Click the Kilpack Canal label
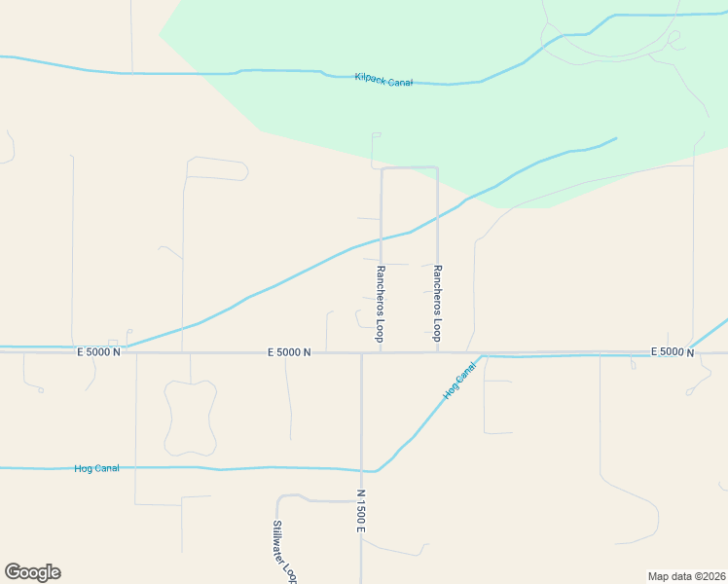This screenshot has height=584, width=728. point(383,80)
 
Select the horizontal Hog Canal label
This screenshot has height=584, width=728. point(96,468)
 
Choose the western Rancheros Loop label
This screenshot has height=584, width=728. point(381,303)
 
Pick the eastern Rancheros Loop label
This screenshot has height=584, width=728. point(437,303)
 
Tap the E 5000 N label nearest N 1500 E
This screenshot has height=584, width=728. point(288,352)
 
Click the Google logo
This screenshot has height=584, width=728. point(32,572)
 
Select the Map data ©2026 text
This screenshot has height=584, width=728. point(686,576)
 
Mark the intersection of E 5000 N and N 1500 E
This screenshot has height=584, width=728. point(361,352)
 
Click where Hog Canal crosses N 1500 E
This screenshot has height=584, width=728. point(361,470)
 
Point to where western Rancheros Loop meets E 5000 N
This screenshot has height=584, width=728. point(381,352)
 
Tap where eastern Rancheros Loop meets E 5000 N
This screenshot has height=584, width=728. point(437,352)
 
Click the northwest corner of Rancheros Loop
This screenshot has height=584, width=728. point(382,168)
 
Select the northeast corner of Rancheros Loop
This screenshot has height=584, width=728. point(437,168)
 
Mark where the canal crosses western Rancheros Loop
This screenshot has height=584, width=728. point(381,237)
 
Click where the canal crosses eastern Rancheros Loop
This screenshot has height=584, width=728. point(437,217)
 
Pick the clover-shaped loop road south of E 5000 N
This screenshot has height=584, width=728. point(190,418)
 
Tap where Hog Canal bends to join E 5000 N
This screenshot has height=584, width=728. point(484,356)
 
